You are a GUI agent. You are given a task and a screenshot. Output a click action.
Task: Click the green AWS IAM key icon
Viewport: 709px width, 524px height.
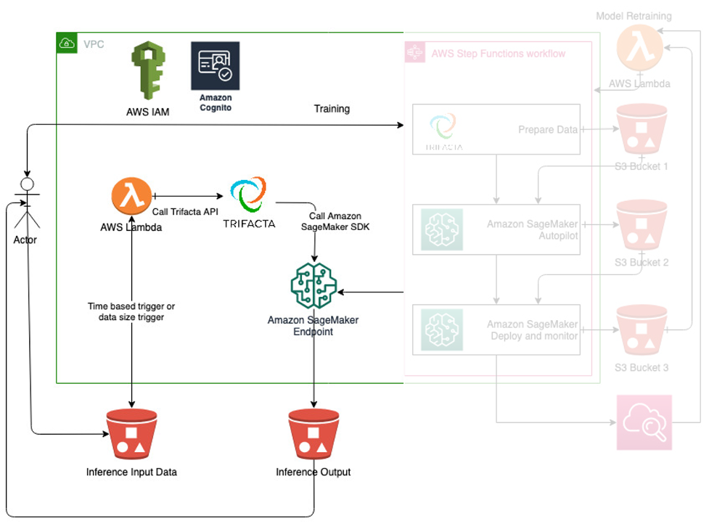point(149,72)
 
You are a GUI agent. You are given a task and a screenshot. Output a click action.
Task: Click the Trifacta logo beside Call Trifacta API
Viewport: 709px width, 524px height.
point(248,197)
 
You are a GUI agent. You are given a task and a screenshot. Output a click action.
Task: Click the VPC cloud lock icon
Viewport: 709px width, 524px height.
point(67,44)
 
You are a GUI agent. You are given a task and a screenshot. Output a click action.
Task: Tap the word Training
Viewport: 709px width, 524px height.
point(332,109)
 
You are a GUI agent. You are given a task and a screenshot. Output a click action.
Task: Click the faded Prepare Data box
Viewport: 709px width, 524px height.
point(496,129)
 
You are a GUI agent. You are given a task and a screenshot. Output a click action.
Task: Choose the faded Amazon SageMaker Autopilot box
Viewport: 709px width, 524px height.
point(496,229)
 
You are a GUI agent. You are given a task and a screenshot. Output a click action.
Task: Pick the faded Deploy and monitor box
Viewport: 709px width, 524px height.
point(496,329)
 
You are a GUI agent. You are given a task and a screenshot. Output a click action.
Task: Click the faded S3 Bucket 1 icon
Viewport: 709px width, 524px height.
point(641,131)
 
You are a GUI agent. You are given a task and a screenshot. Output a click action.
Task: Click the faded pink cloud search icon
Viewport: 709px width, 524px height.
point(644,423)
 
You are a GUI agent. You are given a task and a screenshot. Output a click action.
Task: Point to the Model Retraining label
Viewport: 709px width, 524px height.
point(634,16)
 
